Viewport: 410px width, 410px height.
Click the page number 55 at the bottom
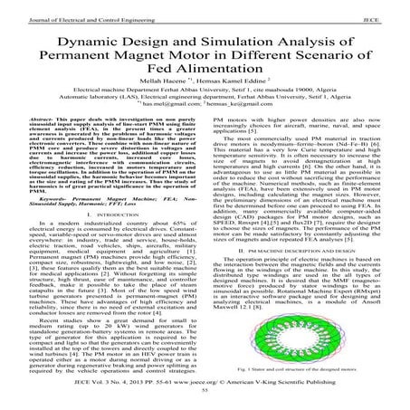205,403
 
